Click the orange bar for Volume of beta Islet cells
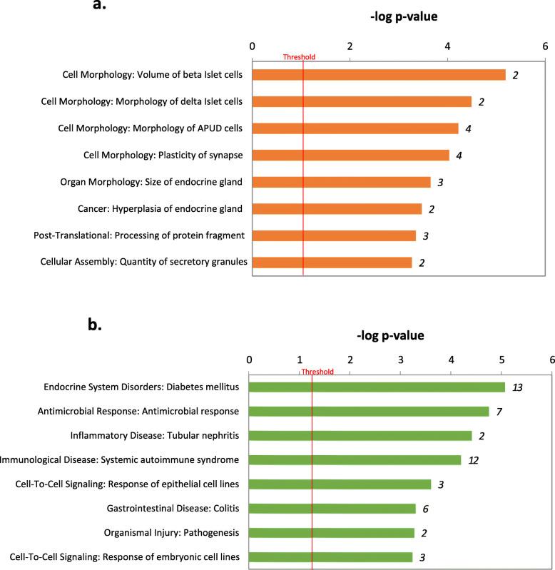[x=379, y=75]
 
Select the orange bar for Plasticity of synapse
[x=351, y=155]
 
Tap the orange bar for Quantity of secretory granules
[x=332, y=262]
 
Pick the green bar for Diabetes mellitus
[x=377, y=387]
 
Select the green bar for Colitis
[x=332, y=509]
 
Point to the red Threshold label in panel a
[x=299, y=57]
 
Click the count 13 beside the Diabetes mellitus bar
[x=518, y=387]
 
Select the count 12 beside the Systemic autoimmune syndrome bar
[x=473, y=460]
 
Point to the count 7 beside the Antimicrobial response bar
[x=501, y=412]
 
